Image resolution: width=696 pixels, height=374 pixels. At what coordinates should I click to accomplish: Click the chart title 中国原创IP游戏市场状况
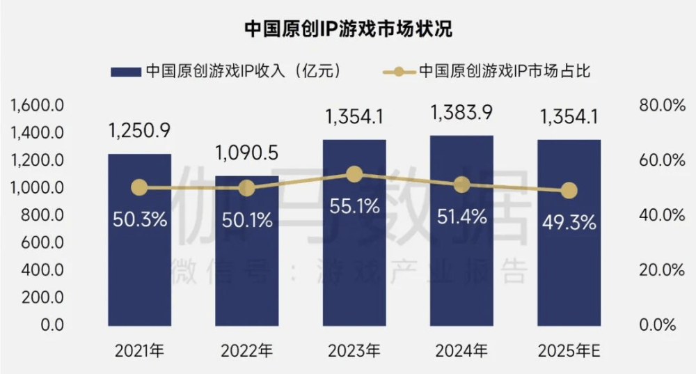(x=348, y=29)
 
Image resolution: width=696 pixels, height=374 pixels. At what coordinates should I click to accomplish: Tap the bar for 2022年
(x=246, y=272)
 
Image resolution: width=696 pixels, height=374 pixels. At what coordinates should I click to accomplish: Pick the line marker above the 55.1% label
(x=354, y=174)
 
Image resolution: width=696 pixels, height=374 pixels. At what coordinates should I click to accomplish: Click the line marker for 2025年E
(x=569, y=190)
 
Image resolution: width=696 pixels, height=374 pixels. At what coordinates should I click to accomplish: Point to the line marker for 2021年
(x=139, y=187)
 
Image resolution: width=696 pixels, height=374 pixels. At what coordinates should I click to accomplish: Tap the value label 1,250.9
(x=139, y=131)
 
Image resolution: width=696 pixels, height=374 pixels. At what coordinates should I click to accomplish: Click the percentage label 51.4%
(x=461, y=217)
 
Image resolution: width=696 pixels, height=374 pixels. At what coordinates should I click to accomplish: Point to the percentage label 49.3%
(x=569, y=222)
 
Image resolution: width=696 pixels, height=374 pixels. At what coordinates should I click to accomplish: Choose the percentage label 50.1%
(x=246, y=221)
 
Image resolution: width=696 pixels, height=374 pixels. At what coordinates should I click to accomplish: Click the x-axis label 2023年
(x=354, y=350)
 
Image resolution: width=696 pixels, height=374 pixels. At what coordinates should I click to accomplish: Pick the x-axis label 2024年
(x=461, y=350)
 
